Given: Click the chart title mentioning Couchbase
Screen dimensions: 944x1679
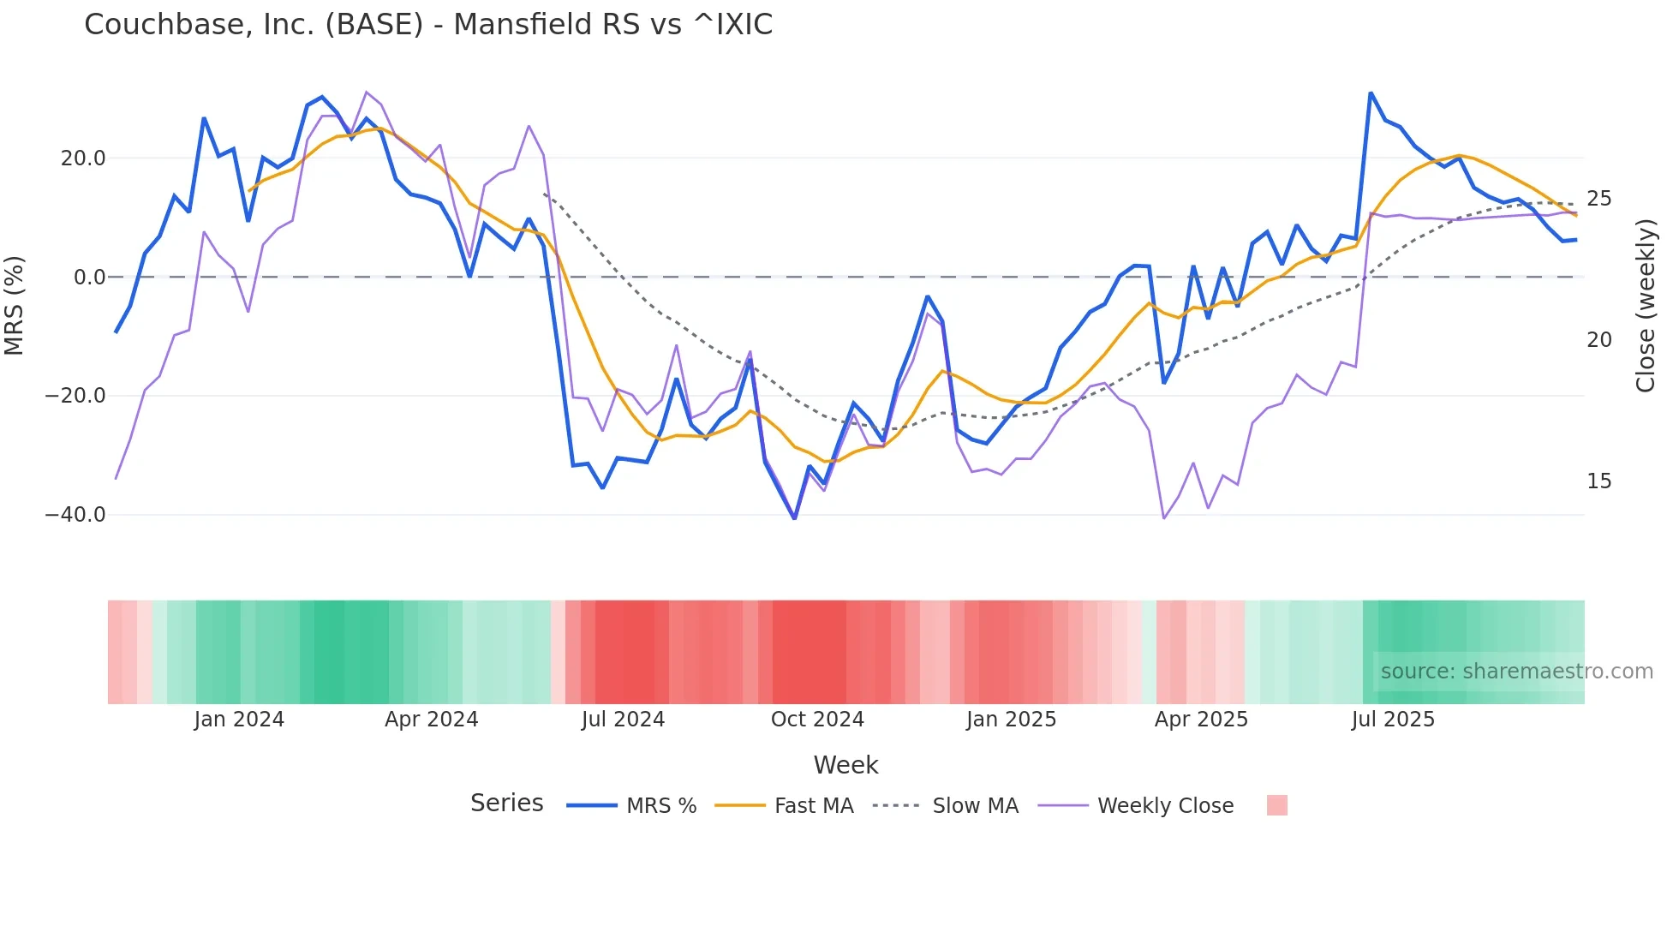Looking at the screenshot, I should point(428,24).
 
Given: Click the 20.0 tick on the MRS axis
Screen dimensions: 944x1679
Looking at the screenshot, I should point(83,158).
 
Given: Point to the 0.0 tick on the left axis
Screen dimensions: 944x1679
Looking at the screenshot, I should point(89,278).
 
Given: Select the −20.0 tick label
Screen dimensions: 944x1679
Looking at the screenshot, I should point(75,396).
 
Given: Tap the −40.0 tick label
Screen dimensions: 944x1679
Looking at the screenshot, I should point(75,515).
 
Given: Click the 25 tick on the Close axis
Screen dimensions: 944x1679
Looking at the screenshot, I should point(1598,199).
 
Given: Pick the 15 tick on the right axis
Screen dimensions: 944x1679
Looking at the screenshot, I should point(1598,481).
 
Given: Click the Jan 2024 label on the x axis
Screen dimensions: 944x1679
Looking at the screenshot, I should point(239,720).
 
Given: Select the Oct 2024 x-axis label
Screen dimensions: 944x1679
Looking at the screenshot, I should point(817,720).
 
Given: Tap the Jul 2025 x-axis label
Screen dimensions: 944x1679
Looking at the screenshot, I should point(1393,720).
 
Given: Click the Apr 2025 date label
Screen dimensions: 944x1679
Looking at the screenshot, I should point(1201,720).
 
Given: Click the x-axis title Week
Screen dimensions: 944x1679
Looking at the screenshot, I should point(845,765).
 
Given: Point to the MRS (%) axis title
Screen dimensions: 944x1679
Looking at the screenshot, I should point(15,305).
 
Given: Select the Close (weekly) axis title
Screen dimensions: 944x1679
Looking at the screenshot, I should point(1645,306).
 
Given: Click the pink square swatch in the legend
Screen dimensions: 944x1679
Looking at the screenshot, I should point(1276,805).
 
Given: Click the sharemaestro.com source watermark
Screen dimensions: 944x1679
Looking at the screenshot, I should point(1516,672).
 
